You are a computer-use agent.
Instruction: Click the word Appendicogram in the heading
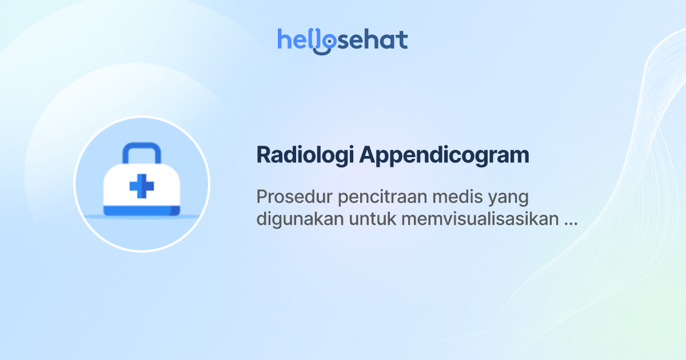click(x=444, y=155)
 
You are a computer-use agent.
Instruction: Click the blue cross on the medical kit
click(x=141, y=187)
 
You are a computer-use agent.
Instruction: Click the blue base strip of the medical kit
click(x=141, y=211)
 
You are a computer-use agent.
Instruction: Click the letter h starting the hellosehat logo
click(x=284, y=39)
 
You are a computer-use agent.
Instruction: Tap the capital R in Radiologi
click(x=264, y=155)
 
